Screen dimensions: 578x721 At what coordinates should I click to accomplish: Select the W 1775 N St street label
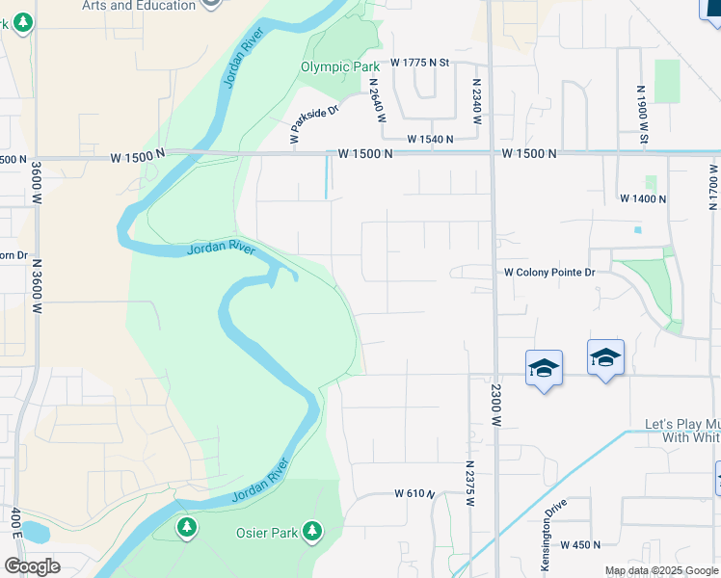tap(420, 63)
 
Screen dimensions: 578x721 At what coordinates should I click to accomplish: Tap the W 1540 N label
tap(430, 140)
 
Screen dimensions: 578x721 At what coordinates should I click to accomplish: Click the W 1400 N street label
tap(643, 198)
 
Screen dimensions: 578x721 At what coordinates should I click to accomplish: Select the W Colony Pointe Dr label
tap(550, 273)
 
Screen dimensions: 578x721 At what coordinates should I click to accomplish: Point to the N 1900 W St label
tap(641, 115)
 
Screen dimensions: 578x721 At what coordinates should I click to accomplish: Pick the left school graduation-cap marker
tap(544, 367)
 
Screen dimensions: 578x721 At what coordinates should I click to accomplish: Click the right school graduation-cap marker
tap(605, 357)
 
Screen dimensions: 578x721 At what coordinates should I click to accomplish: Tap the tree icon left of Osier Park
tap(187, 527)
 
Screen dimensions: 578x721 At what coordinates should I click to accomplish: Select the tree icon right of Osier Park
tap(311, 531)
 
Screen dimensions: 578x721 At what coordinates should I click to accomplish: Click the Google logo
tap(32, 566)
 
